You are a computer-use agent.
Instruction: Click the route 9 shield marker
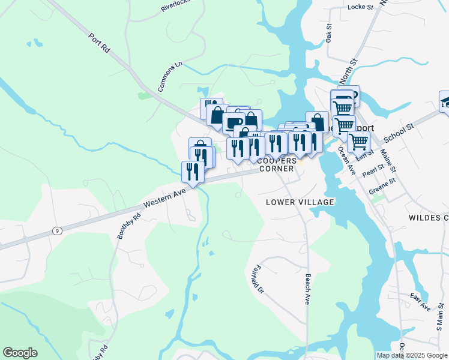click(57, 230)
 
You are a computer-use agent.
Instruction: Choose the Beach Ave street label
click(308, 289)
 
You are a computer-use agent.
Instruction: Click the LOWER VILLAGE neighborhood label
click(300, 202)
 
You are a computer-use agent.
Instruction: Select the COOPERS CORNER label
click(277, 165)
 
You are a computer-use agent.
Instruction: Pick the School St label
click(400, 134)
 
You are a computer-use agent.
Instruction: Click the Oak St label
click(329, 34)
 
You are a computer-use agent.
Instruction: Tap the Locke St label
click(360, 7)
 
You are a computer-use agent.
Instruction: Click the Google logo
click(20, 353)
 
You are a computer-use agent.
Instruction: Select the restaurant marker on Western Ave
click(193, 171)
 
